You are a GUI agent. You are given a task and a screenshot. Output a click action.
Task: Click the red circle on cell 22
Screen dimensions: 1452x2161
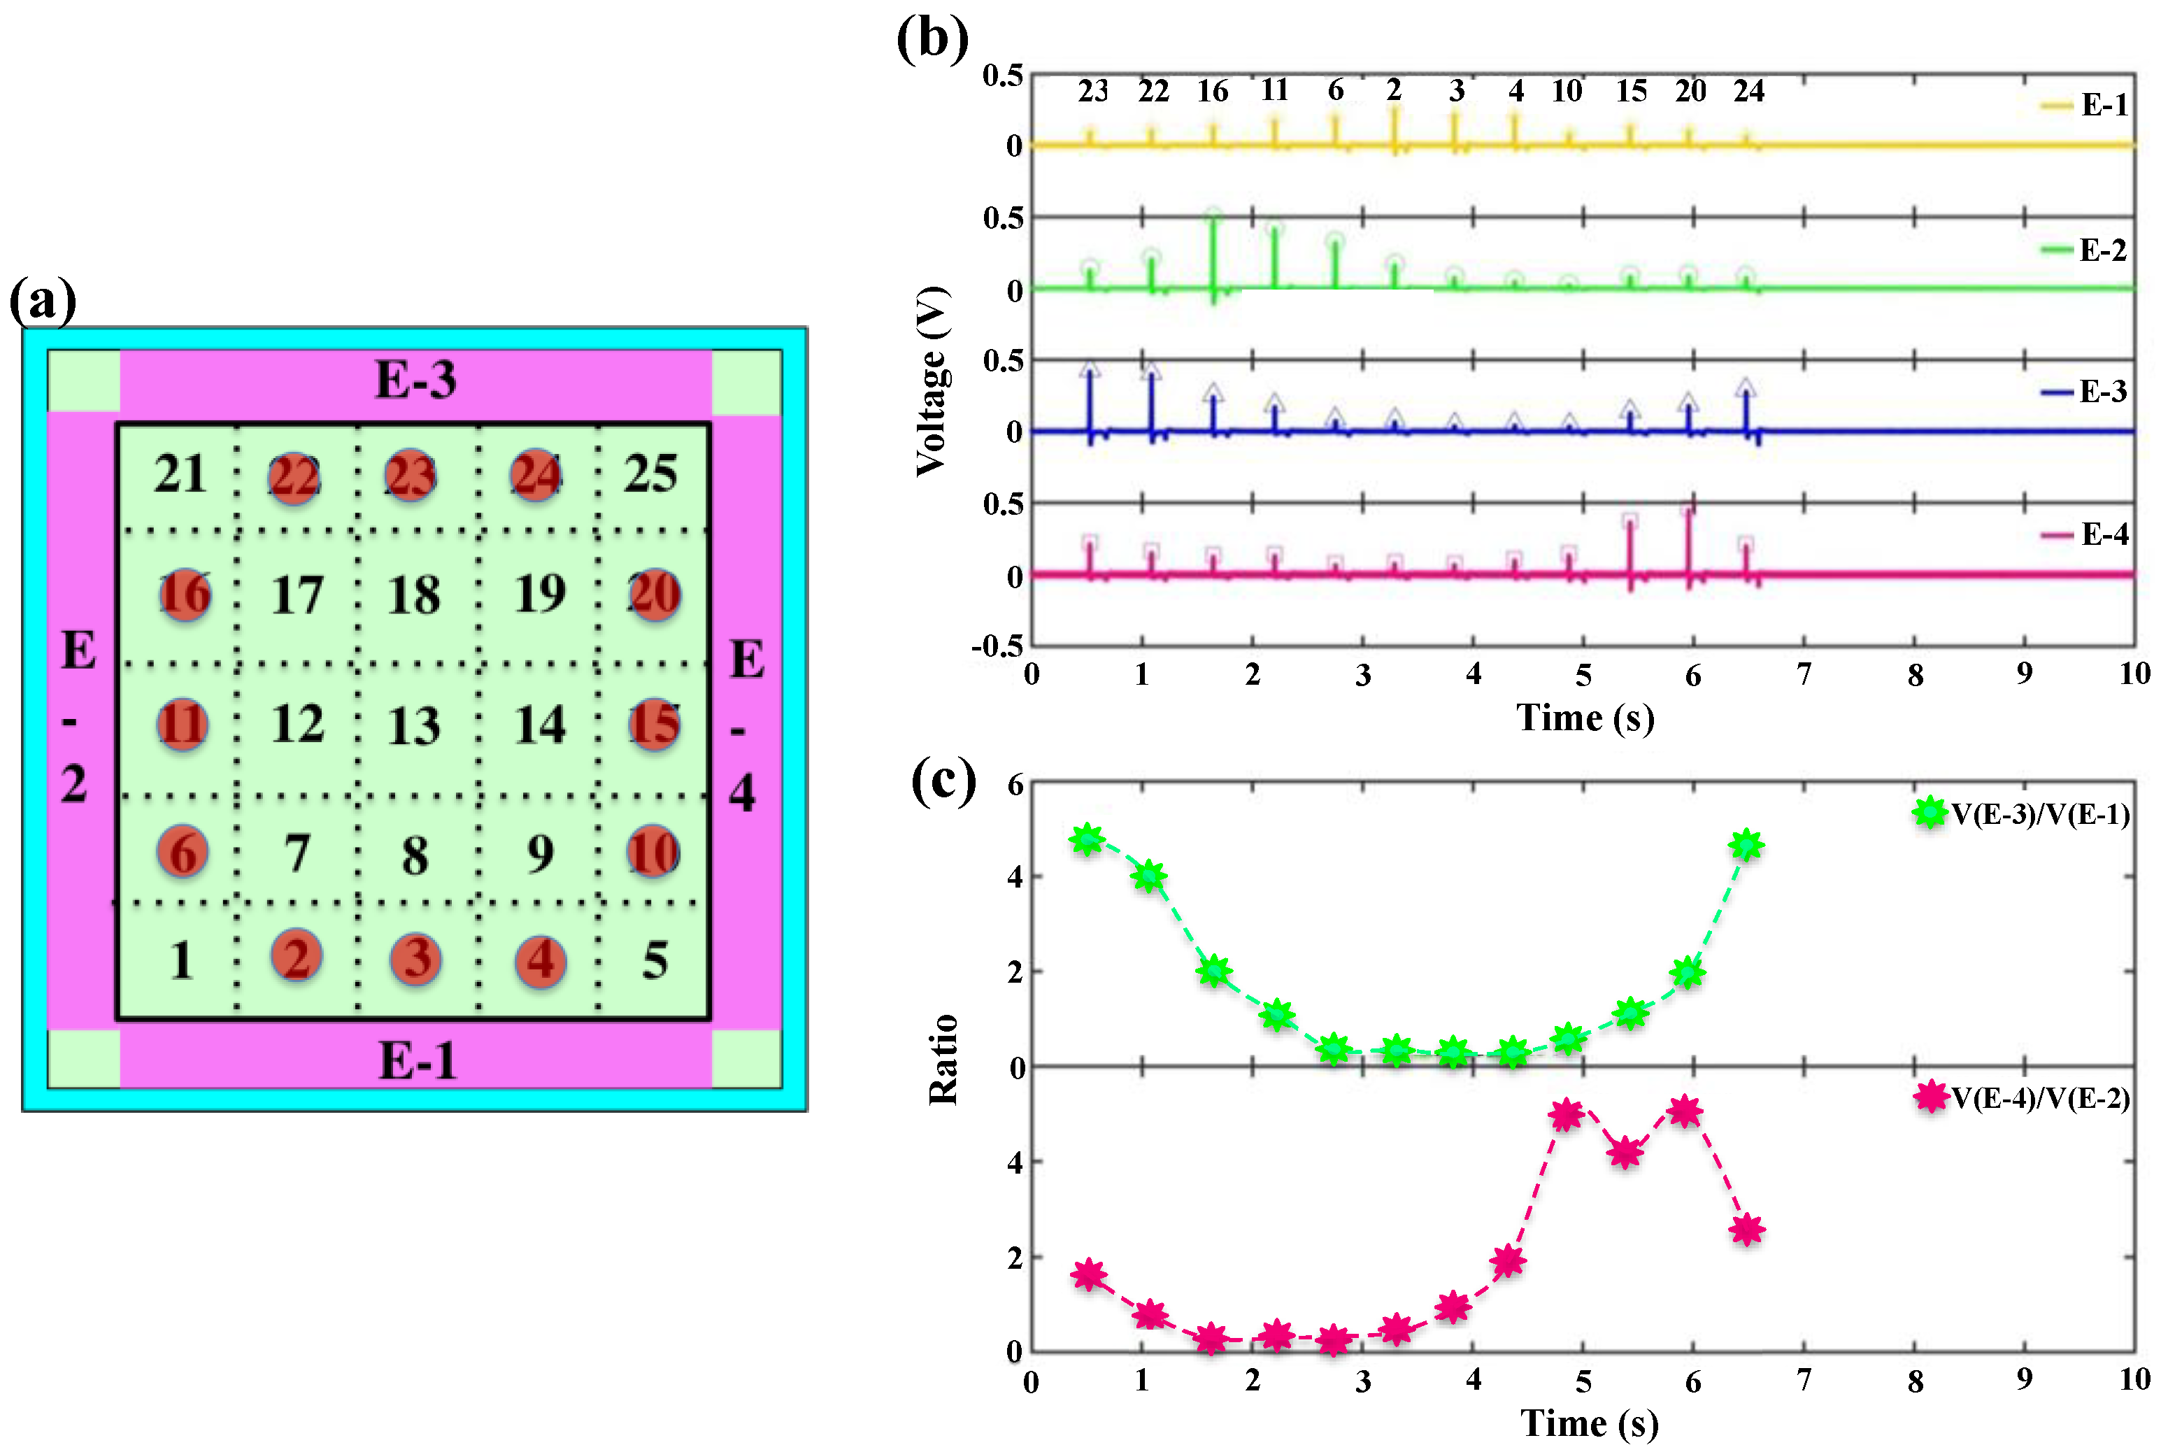coord(294,478)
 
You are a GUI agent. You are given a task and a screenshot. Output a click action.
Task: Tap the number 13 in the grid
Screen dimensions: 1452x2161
coord(414,725)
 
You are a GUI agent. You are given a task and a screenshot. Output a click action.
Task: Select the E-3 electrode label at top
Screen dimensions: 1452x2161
coord(415,380)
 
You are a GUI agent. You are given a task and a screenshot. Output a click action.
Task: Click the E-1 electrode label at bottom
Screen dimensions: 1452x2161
coord(418,1060)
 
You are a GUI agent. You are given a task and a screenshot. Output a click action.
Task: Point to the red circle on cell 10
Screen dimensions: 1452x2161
coord(654,852)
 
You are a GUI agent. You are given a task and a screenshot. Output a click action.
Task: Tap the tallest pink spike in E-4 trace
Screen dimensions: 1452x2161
coord(1688,542)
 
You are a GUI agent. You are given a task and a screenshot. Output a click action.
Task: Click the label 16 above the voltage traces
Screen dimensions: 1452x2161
coord(1212,91)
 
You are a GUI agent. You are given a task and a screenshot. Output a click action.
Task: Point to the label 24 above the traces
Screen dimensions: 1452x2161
coord(1748,91)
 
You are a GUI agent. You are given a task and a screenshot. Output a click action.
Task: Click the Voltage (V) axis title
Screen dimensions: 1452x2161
coord(932,381)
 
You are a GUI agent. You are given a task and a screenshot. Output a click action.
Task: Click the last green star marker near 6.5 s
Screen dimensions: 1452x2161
coord(1746,844)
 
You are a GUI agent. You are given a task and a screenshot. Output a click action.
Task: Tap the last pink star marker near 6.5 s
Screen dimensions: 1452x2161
coord(1746,1230)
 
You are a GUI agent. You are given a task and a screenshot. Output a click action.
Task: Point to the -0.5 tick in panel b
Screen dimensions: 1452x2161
coord(997,646)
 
